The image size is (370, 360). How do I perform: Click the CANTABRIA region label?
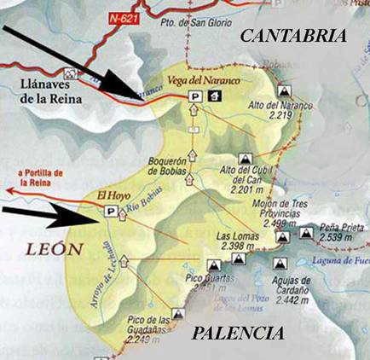coord(294,36)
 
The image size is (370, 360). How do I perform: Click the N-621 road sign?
coord(124,16)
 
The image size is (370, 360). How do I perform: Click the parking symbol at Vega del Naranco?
coord(194,97)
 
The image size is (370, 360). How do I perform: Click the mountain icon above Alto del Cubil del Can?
coord(246,160)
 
